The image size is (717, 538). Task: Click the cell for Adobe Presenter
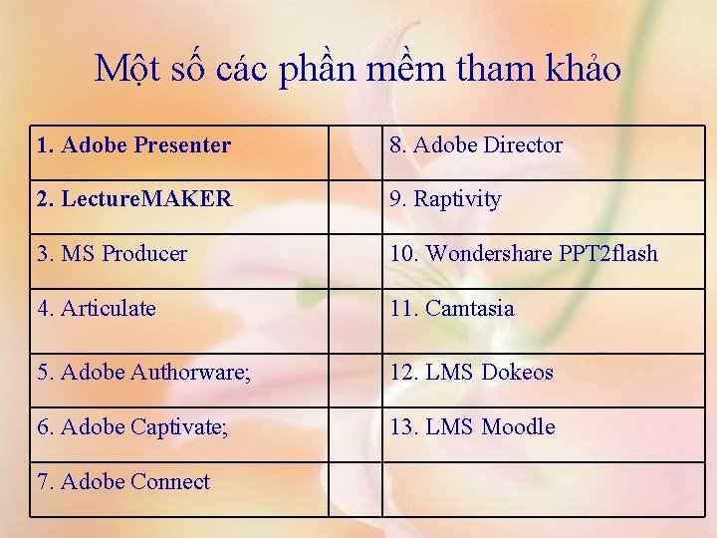pyautogui.click(x=134, y=146)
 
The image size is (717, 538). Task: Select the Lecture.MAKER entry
pyautogui.click(x=134, y=199)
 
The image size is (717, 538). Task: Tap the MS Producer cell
pyautogui.click(x=113, y=254)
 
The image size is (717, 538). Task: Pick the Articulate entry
pyautogui.click(x=97, y=309)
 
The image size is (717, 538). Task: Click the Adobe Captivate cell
pyautogui.click(x=132, y=427)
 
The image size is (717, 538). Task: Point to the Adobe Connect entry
pyautogui.click(x=123, y=482)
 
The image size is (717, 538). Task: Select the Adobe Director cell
pyautogui.click(x=476, y=145)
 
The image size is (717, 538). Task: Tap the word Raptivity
pyautogui.click(x=457, y=199)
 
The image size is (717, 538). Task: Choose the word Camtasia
pyautogui.click(x=469, y=309)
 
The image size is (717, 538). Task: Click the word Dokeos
pyautogui.click(x=517, y=373)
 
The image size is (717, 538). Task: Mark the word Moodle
pyautogui.click(x=518, y=427)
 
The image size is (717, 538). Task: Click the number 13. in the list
pyautogui.click(x=404, y=427)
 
